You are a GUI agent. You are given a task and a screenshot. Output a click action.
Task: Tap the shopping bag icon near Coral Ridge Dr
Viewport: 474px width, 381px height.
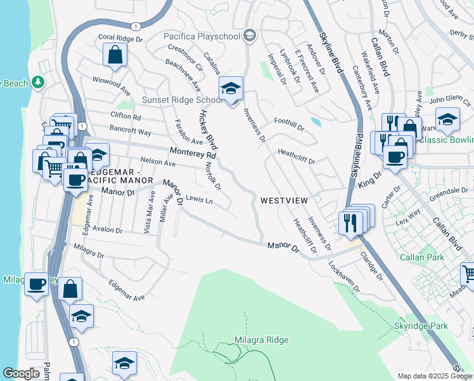[115, 55]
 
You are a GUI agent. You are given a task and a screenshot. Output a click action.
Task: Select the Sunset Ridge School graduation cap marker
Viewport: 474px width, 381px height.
[231, 90]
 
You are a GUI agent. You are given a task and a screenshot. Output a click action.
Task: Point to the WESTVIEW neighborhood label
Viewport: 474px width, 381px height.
[284, 201]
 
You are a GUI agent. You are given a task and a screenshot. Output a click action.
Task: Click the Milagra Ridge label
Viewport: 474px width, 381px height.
[261, 340]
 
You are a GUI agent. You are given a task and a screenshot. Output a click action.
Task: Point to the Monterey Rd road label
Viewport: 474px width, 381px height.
[193, 153]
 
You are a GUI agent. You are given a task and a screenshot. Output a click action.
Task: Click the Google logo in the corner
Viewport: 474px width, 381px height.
[21, 373]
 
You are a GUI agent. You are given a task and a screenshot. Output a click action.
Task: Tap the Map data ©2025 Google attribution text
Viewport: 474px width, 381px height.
[434, 376]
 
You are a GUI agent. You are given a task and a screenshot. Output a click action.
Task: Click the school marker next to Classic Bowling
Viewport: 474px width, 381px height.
[447, 119]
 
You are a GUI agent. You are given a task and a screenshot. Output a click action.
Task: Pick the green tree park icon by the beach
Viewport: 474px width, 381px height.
[38, 83]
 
